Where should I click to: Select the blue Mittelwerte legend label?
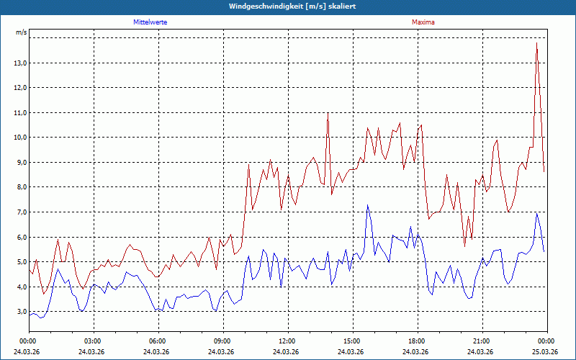pos(150,22)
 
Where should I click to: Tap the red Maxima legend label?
pos(423,22)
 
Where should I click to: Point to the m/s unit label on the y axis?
pos(21,33)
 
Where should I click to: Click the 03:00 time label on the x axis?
pos(92,341)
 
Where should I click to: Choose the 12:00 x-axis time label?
pos(287,341)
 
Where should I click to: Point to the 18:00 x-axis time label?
pos(416,341)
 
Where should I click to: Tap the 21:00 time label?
pos(481,341)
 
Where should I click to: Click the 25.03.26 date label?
pos(546,352)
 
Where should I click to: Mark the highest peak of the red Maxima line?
pos(536,44)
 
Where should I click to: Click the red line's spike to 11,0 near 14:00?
pos(328,113)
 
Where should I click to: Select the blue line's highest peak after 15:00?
pos(367,205)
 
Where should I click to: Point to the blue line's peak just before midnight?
pos(536,214)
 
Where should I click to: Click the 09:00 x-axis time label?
pos(222,341)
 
